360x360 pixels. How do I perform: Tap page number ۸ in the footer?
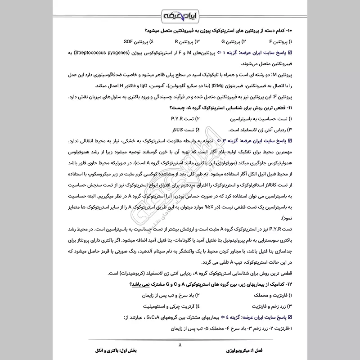(180, 346)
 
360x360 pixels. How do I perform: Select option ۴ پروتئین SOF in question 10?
(135, 42)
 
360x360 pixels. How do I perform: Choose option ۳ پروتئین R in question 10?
(185, 42)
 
